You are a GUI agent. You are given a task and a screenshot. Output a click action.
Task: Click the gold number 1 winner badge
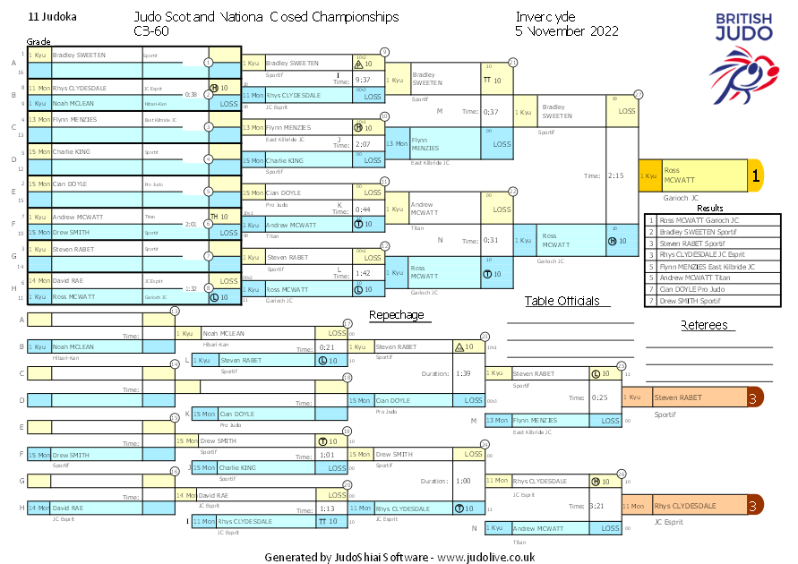click(x=755, y=176)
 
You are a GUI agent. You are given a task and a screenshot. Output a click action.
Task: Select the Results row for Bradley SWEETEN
click(x=712, y=231)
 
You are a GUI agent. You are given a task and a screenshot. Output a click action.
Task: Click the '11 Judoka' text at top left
click(x=53, y=17)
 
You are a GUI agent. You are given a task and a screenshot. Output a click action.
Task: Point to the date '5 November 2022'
click(x=567, y=30)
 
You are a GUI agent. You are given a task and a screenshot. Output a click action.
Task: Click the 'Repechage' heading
click(x=396, y=315)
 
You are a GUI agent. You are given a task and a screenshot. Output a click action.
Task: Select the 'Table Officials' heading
click(x=562, y=302)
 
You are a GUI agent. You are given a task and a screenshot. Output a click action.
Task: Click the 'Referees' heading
click(x=704, y=326)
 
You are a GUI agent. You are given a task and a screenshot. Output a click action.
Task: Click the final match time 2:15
click(x=616, y=176)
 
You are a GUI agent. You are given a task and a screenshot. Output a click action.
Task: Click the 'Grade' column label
click(x=39, y=41)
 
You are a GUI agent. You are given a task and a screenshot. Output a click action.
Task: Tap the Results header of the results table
click(x=711, y=208)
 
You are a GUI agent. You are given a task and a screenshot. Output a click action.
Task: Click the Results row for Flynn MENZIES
click(x=712, y=266)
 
